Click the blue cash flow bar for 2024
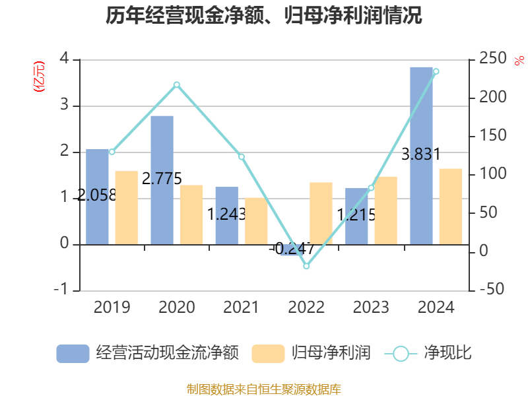421,155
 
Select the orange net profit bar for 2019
126,207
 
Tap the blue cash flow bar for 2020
162,180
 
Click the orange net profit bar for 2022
321,213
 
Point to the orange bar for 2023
385,210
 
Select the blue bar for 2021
226,215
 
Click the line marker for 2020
177,84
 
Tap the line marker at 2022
306,266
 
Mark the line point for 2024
436,71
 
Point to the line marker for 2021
242,156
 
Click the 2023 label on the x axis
371,308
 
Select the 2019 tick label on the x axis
112,308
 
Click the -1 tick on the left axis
62,290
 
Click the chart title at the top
264,16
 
